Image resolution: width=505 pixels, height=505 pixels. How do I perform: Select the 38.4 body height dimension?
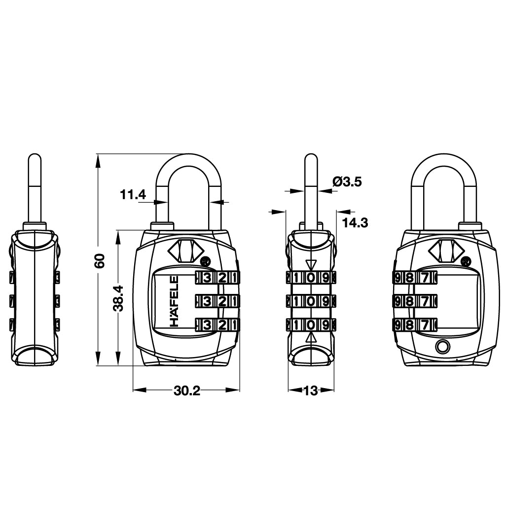coord(118,298)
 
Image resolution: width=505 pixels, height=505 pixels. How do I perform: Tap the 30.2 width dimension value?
coord(187,391)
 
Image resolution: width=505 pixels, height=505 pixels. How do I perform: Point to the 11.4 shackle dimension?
coord(133,194)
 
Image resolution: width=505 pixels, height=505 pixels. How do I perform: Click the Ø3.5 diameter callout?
coord(347,182)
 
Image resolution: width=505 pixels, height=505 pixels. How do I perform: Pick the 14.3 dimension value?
coord(355,222)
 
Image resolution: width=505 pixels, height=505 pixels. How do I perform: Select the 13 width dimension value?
coord(311,391)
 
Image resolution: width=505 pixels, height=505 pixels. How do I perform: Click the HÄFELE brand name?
coord(174,301)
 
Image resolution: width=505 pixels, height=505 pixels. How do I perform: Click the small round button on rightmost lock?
coord(442,346)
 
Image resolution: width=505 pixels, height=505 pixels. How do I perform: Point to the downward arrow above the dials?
coord(311,265)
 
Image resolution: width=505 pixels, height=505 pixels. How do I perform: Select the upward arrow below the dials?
coord(311,338)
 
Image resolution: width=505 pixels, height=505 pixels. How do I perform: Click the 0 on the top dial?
coord(310,278)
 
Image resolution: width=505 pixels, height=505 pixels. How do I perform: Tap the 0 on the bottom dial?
coord(310,325)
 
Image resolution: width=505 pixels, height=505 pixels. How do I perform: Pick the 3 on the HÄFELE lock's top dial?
coord(208,278)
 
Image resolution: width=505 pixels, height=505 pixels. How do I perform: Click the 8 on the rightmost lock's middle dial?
coord(409,301)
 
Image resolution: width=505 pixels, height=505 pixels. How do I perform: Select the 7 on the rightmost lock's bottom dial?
coord(425,325)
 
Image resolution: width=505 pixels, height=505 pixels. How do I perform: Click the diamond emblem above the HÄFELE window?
coord(182,250)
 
